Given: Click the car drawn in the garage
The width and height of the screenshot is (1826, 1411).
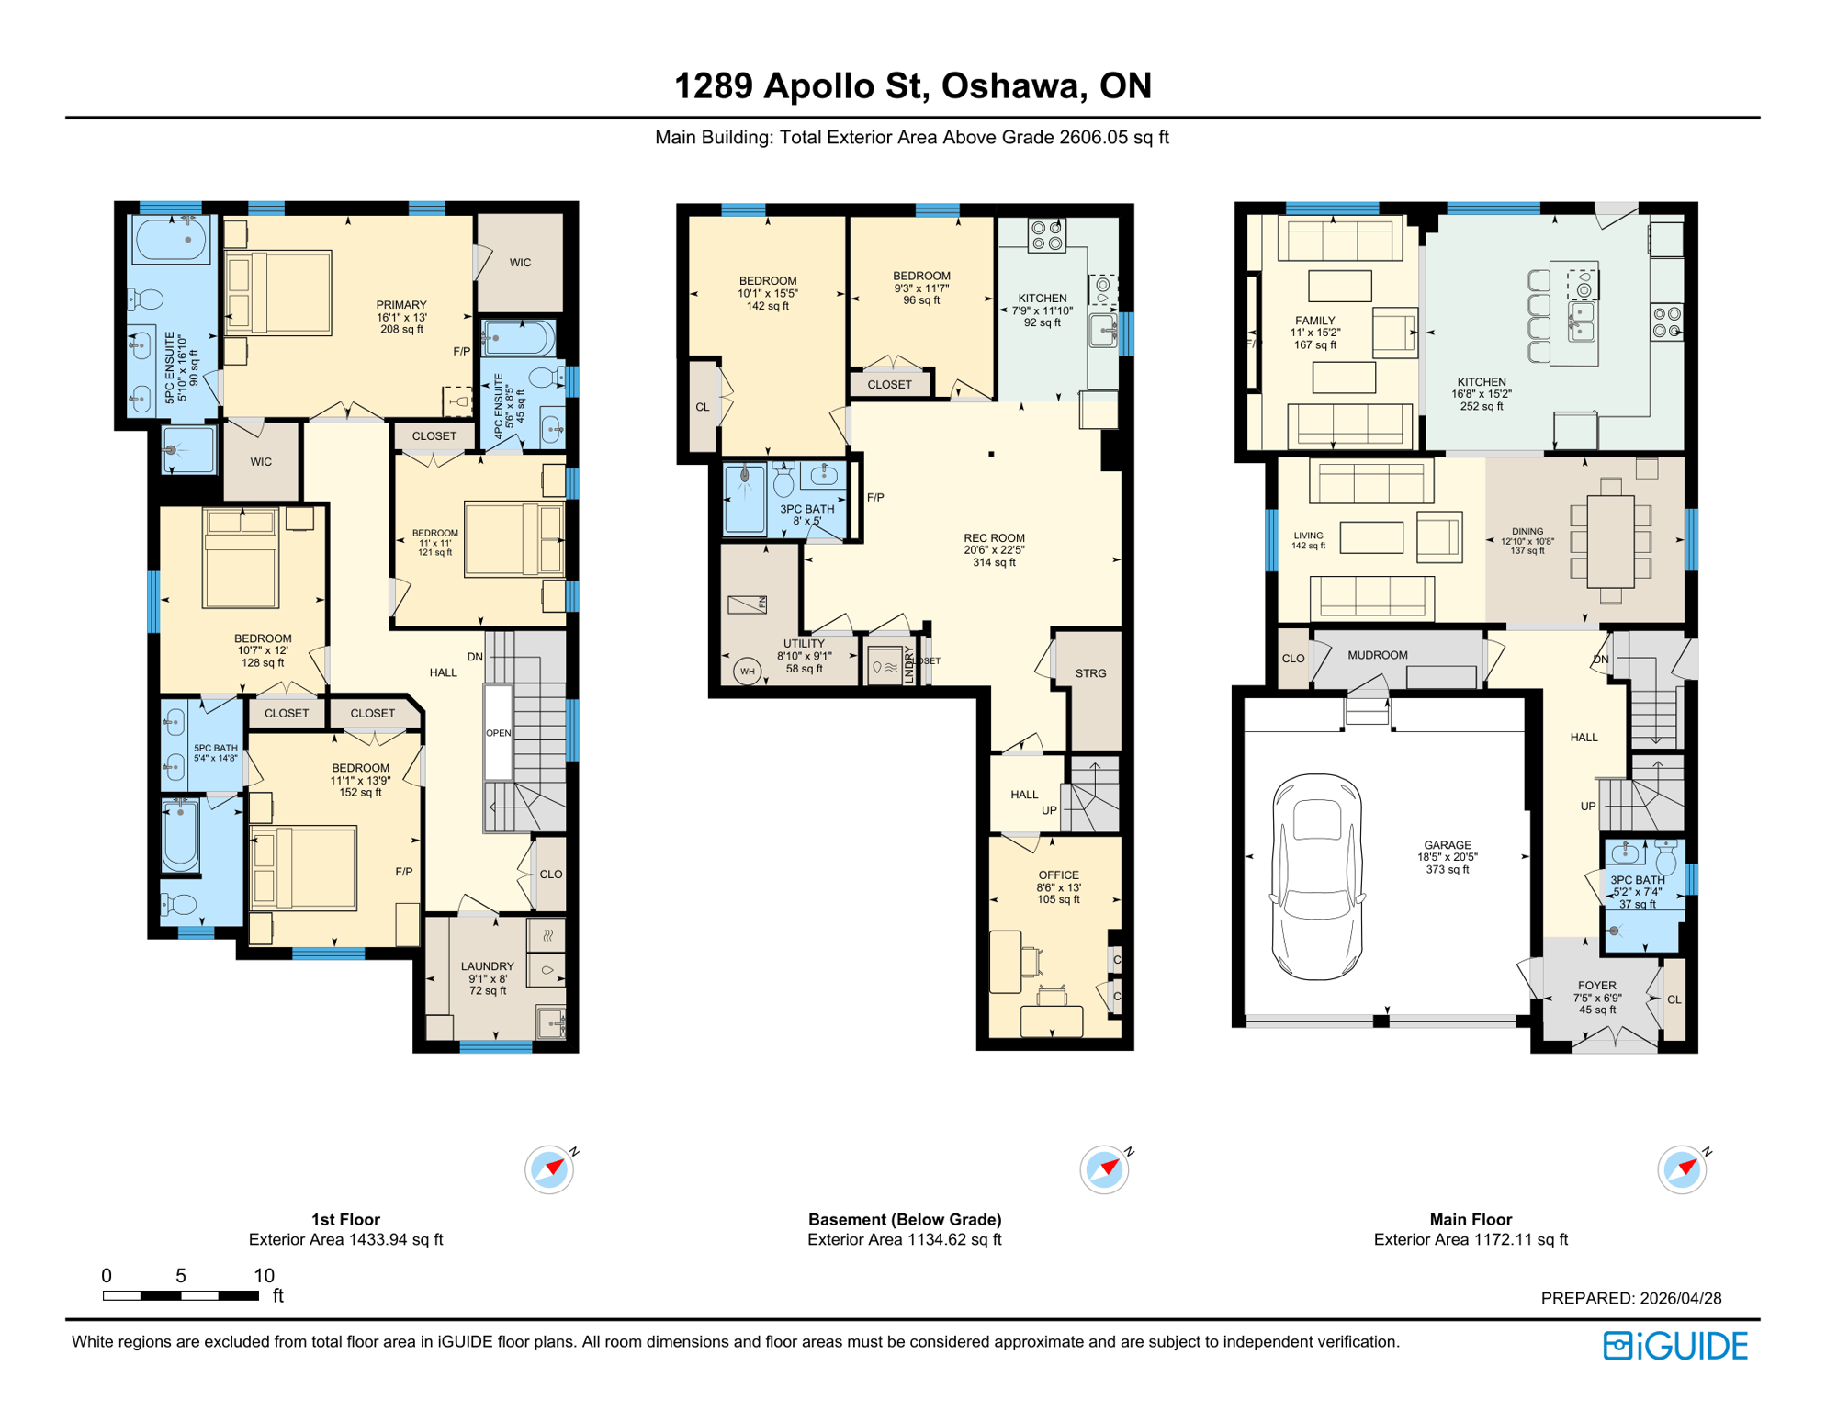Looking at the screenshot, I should tap(1316, 877).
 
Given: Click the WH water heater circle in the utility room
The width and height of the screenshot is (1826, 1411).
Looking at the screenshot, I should tap(748, 672).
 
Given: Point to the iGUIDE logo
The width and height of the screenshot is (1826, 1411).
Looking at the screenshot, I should tap(1675, 1347).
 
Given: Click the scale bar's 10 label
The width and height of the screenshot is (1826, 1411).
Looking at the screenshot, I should tap(264, 1276).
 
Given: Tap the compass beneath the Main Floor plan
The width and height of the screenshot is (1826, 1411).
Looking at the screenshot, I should tap(1682, 1169).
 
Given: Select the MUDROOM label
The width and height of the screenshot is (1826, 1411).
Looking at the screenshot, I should tap(1377, 656).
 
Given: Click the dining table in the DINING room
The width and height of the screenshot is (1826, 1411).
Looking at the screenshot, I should tap(1609, 541).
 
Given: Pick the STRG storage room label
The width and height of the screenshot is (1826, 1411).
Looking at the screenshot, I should tap(1090, 673).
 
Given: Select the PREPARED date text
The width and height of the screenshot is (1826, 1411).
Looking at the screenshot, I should tap(1630, 1298).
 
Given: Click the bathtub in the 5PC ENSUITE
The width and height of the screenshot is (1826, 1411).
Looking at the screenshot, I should tap(172, 240).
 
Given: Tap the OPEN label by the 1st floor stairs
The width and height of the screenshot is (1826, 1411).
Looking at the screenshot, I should tap(498, 733).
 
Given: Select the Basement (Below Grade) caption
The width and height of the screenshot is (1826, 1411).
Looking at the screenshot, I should tap(904, 1220).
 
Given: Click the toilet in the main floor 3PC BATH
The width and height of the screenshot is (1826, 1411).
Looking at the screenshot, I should tap(1665, 861).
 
